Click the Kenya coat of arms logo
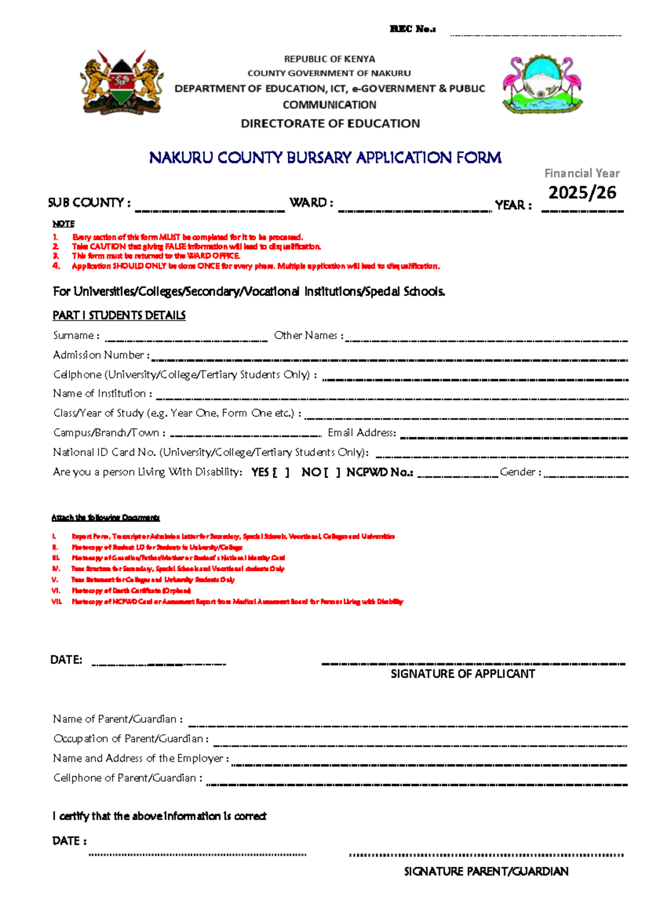122,82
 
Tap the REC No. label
413,29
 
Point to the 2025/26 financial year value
582,192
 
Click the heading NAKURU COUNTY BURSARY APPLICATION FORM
325,158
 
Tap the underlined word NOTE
63,224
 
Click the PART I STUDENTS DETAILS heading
119,315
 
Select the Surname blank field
186,338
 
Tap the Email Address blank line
514,435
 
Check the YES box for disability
281,473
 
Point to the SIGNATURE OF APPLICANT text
463,674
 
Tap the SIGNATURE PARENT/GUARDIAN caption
486,872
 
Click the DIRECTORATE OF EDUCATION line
330,124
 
